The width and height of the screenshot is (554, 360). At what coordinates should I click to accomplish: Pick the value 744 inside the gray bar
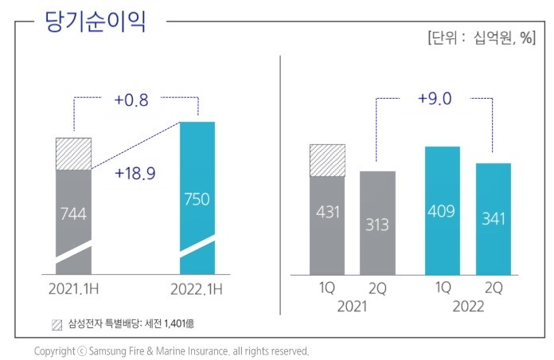coord(73,213)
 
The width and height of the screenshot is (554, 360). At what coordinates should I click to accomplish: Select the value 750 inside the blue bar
coord(197,199)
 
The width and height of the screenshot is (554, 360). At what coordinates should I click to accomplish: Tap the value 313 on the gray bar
coord(377,225)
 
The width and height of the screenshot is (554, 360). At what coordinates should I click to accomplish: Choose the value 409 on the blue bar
coord(443,212)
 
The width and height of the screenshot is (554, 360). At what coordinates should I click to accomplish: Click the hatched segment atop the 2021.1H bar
coord(73,153)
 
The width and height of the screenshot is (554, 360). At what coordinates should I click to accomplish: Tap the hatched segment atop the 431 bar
coord(326,160)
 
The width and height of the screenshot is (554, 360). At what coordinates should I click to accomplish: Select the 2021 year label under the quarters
coord(352,307)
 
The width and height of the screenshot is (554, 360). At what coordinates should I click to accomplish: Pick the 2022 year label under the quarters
coord(467,307)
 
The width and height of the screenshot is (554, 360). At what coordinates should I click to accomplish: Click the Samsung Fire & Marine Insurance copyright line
coord(171,350)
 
